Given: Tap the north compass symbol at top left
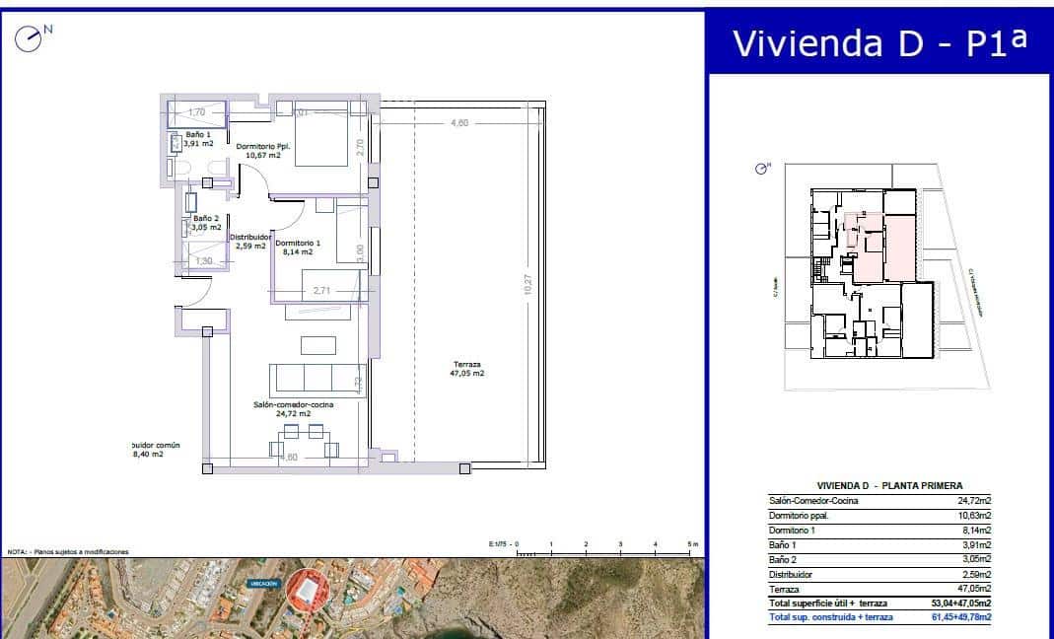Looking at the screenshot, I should [29, 39].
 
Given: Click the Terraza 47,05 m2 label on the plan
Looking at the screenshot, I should [466, 368].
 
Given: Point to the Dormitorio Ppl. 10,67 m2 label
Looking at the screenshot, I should [262, 150].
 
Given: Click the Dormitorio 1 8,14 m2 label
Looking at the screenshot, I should [298, 247].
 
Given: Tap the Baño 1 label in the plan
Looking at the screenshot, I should [198, 138].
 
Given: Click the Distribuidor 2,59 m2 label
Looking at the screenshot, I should [250, 241].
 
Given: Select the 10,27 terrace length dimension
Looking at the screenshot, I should [528, 284].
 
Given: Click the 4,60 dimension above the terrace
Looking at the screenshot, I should [458, 123].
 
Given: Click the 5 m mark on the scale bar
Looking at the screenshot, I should [690, 544].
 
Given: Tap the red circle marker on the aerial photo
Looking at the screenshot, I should [306, 591].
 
